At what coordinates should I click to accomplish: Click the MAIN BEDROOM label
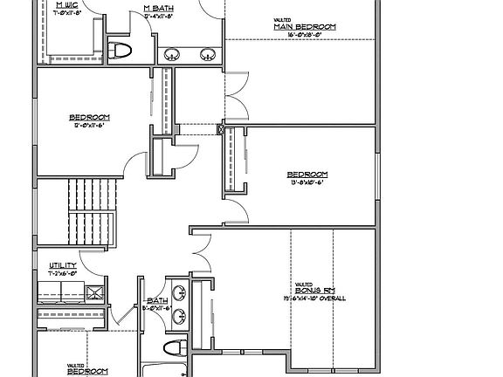pyautogui.click(x=305, y=28)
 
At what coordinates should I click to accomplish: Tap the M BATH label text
pyautogui.click(x=158, y=8)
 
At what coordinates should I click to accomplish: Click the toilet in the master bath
pyautogui.click(x=121, y=48)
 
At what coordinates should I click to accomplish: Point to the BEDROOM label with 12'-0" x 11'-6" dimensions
pyautogui.click(x=90, y=117)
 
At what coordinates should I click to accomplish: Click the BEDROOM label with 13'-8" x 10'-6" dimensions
pyautogui.click(x=308, y=174)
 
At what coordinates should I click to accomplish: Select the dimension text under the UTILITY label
pyautogui.click(x=63, y=273)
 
